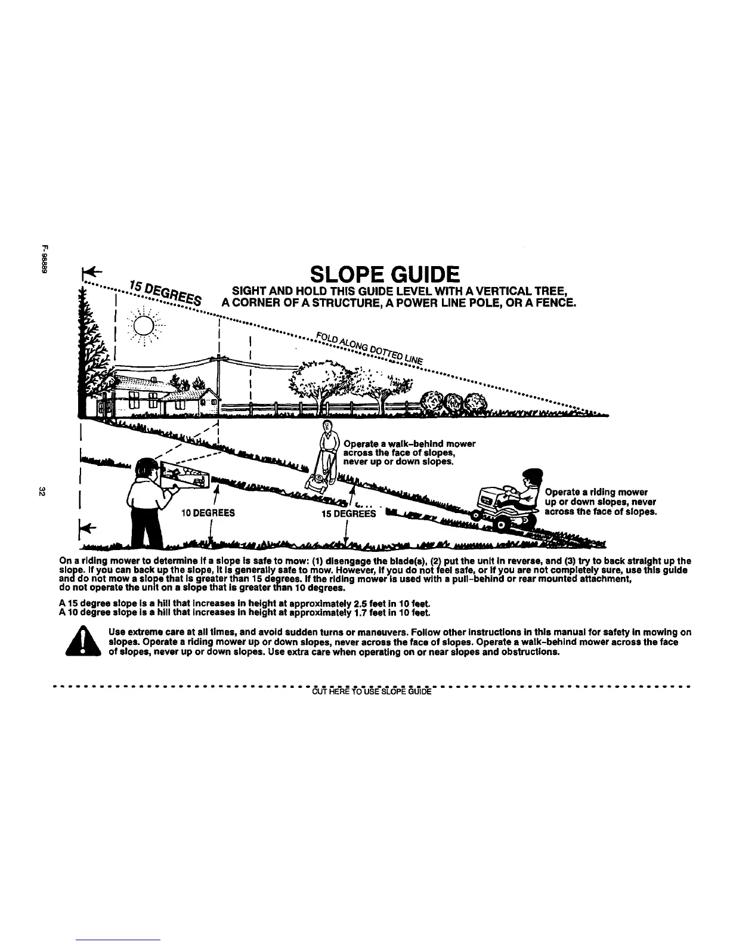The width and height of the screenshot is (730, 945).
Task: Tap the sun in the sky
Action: click(x=144, y=325)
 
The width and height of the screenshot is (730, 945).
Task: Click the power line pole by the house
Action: click(x=219, y=382)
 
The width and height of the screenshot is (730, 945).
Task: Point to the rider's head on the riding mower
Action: click(x=533, y=479)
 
